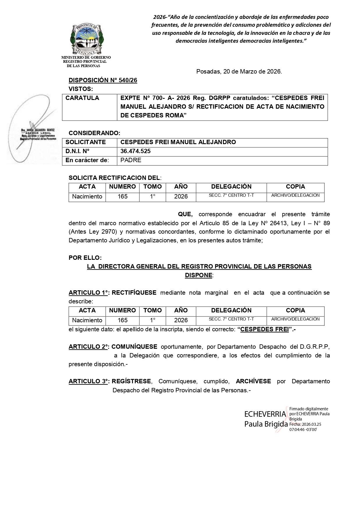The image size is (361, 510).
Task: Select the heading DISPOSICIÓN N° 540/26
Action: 103,80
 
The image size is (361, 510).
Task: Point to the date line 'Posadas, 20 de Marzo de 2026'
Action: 239,71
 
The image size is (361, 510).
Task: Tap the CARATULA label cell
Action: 82,98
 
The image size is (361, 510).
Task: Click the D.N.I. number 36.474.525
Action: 136,151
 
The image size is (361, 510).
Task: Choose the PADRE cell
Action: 131,160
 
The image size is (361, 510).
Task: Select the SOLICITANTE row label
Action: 86,142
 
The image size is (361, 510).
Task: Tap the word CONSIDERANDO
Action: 94,133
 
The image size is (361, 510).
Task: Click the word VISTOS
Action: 81,89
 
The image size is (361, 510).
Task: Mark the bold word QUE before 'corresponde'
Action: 185,214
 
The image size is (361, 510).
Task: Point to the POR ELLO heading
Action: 85,258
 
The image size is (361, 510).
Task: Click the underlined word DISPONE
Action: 199,275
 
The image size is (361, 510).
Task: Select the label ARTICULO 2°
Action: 88,347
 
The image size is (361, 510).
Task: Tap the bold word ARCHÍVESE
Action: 253,381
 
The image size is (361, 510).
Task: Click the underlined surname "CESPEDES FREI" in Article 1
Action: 264,330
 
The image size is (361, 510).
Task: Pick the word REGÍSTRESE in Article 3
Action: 131,381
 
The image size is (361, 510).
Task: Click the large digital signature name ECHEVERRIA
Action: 265,414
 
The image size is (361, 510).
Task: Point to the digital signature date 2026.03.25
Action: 310,424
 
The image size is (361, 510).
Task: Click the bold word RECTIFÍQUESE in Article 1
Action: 134,293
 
